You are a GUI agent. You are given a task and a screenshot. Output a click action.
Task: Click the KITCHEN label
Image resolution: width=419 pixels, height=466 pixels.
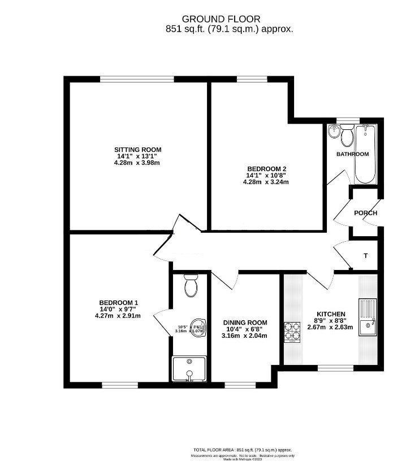click(330, 313)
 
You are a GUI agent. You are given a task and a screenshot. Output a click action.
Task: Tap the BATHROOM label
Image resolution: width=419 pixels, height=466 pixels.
click(352, 154)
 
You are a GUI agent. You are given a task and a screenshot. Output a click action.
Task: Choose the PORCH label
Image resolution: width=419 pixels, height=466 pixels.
click(365, 213)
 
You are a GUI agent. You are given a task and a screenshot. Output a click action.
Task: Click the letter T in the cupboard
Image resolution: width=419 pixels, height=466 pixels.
click(365, 256)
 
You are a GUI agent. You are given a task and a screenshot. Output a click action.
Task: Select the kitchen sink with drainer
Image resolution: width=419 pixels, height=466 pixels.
click(368, 318)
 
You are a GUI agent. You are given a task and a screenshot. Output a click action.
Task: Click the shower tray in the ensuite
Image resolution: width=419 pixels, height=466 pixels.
click(189, 369)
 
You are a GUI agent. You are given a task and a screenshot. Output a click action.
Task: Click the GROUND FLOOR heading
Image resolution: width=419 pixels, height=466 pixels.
click(209, 19)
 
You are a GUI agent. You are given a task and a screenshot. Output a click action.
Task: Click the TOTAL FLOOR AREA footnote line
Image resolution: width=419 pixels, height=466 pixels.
click(243, 450)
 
